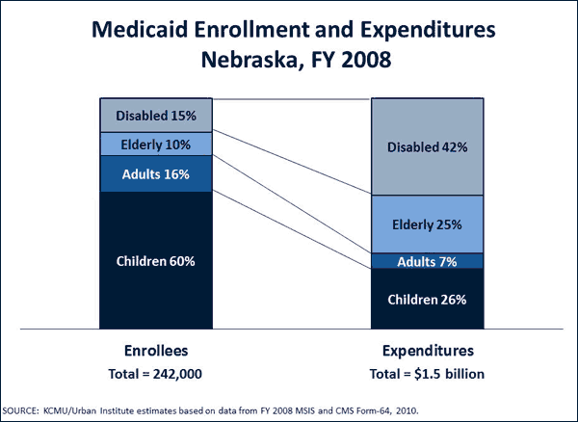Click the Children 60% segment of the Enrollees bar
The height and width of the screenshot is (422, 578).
coord(155,260)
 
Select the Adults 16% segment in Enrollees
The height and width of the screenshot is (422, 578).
coord(155,174)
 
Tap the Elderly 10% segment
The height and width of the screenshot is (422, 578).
coord(155,145)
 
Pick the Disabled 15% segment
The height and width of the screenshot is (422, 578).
coord(155,116)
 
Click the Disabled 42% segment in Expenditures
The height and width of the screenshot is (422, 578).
coord(426,146)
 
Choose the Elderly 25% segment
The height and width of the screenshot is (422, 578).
coord(426,224)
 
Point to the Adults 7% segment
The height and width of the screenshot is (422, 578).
coord(426,261)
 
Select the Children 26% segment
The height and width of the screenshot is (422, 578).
coord(426,299)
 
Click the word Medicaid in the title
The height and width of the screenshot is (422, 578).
coord(140,30)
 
